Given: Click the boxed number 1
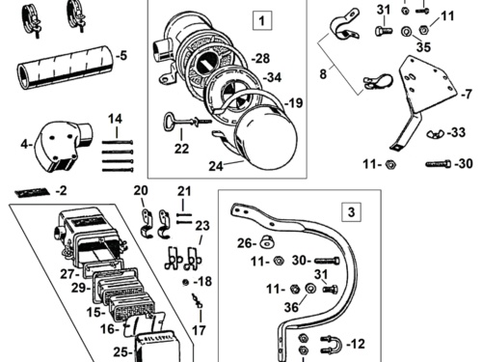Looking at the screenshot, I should (x=259, y=19).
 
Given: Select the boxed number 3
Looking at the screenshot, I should (x=352, y=210).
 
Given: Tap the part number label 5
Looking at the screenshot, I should (x=120, y=56).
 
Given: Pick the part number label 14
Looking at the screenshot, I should (x=115, y=120).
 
